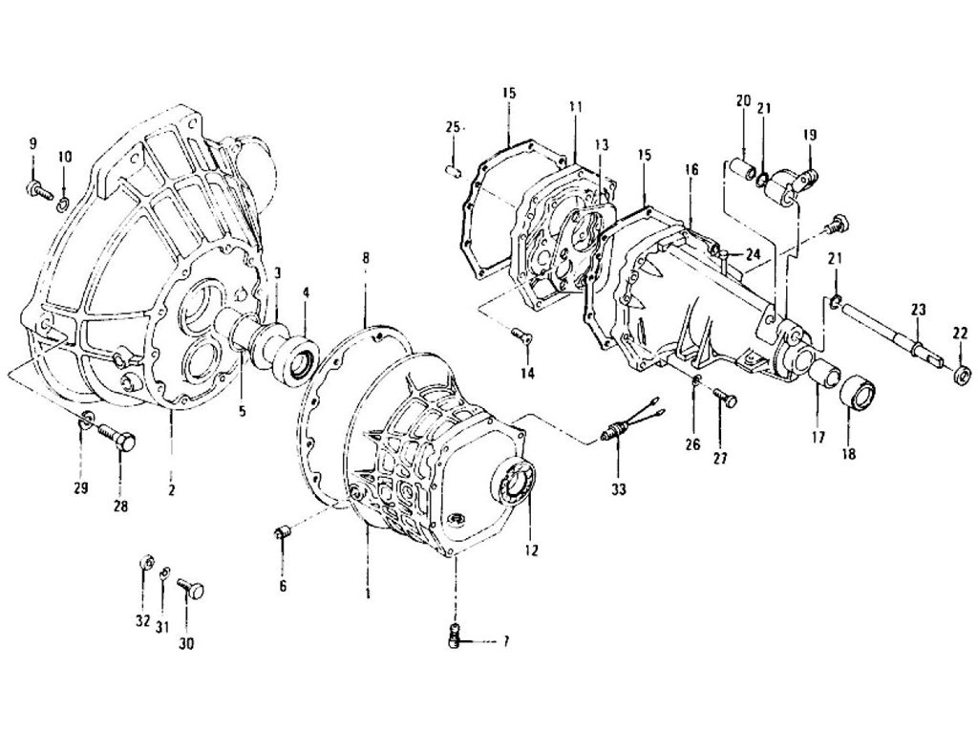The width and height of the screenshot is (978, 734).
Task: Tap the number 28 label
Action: (120, 506)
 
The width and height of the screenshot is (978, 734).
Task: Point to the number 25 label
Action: (453, 127)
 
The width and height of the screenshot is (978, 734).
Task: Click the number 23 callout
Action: (918, 310)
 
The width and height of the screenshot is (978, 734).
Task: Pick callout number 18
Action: (846, 454)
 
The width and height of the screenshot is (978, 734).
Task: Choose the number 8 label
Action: (367, 257)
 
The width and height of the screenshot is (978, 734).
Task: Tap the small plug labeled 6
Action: (283, 531)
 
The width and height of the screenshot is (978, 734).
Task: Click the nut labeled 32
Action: (145, 560)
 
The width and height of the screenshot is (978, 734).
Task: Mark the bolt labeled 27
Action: (724, 399)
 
